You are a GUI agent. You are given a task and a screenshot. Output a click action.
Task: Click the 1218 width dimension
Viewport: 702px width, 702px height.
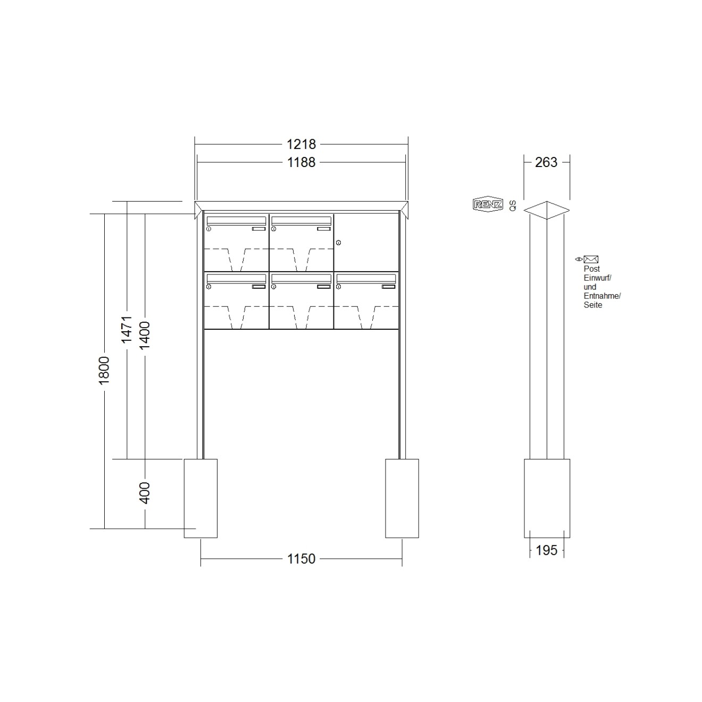pyautogui.click(x=301, y=145)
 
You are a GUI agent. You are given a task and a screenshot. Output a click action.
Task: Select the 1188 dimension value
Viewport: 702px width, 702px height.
pyautogui.click(x=301, y=163)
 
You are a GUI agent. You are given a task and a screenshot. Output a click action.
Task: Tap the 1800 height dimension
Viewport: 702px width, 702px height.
pyautogui.click(x=104, y=371)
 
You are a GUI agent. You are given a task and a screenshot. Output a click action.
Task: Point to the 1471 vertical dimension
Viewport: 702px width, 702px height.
pyautogui.click(x=127, y=330)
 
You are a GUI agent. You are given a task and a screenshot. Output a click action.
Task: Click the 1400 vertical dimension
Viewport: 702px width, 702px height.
pyautogui.click(x=145, y=335)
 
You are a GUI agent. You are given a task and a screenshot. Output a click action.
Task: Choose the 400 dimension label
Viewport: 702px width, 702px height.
pyautogui.click(x=145, y=493)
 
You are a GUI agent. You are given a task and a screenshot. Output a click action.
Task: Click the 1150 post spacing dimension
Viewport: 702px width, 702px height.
pyautogui.click(x=301, y=559)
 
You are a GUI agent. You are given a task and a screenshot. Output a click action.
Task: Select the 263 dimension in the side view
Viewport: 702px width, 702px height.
pyautogui.click(x=546, y=163)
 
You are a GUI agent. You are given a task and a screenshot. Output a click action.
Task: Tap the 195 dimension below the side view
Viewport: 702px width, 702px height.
pyautogui.click(x=547, y=550)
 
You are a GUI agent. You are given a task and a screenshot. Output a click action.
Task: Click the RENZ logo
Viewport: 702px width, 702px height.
pyautogui.click(x=488, y=204)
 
